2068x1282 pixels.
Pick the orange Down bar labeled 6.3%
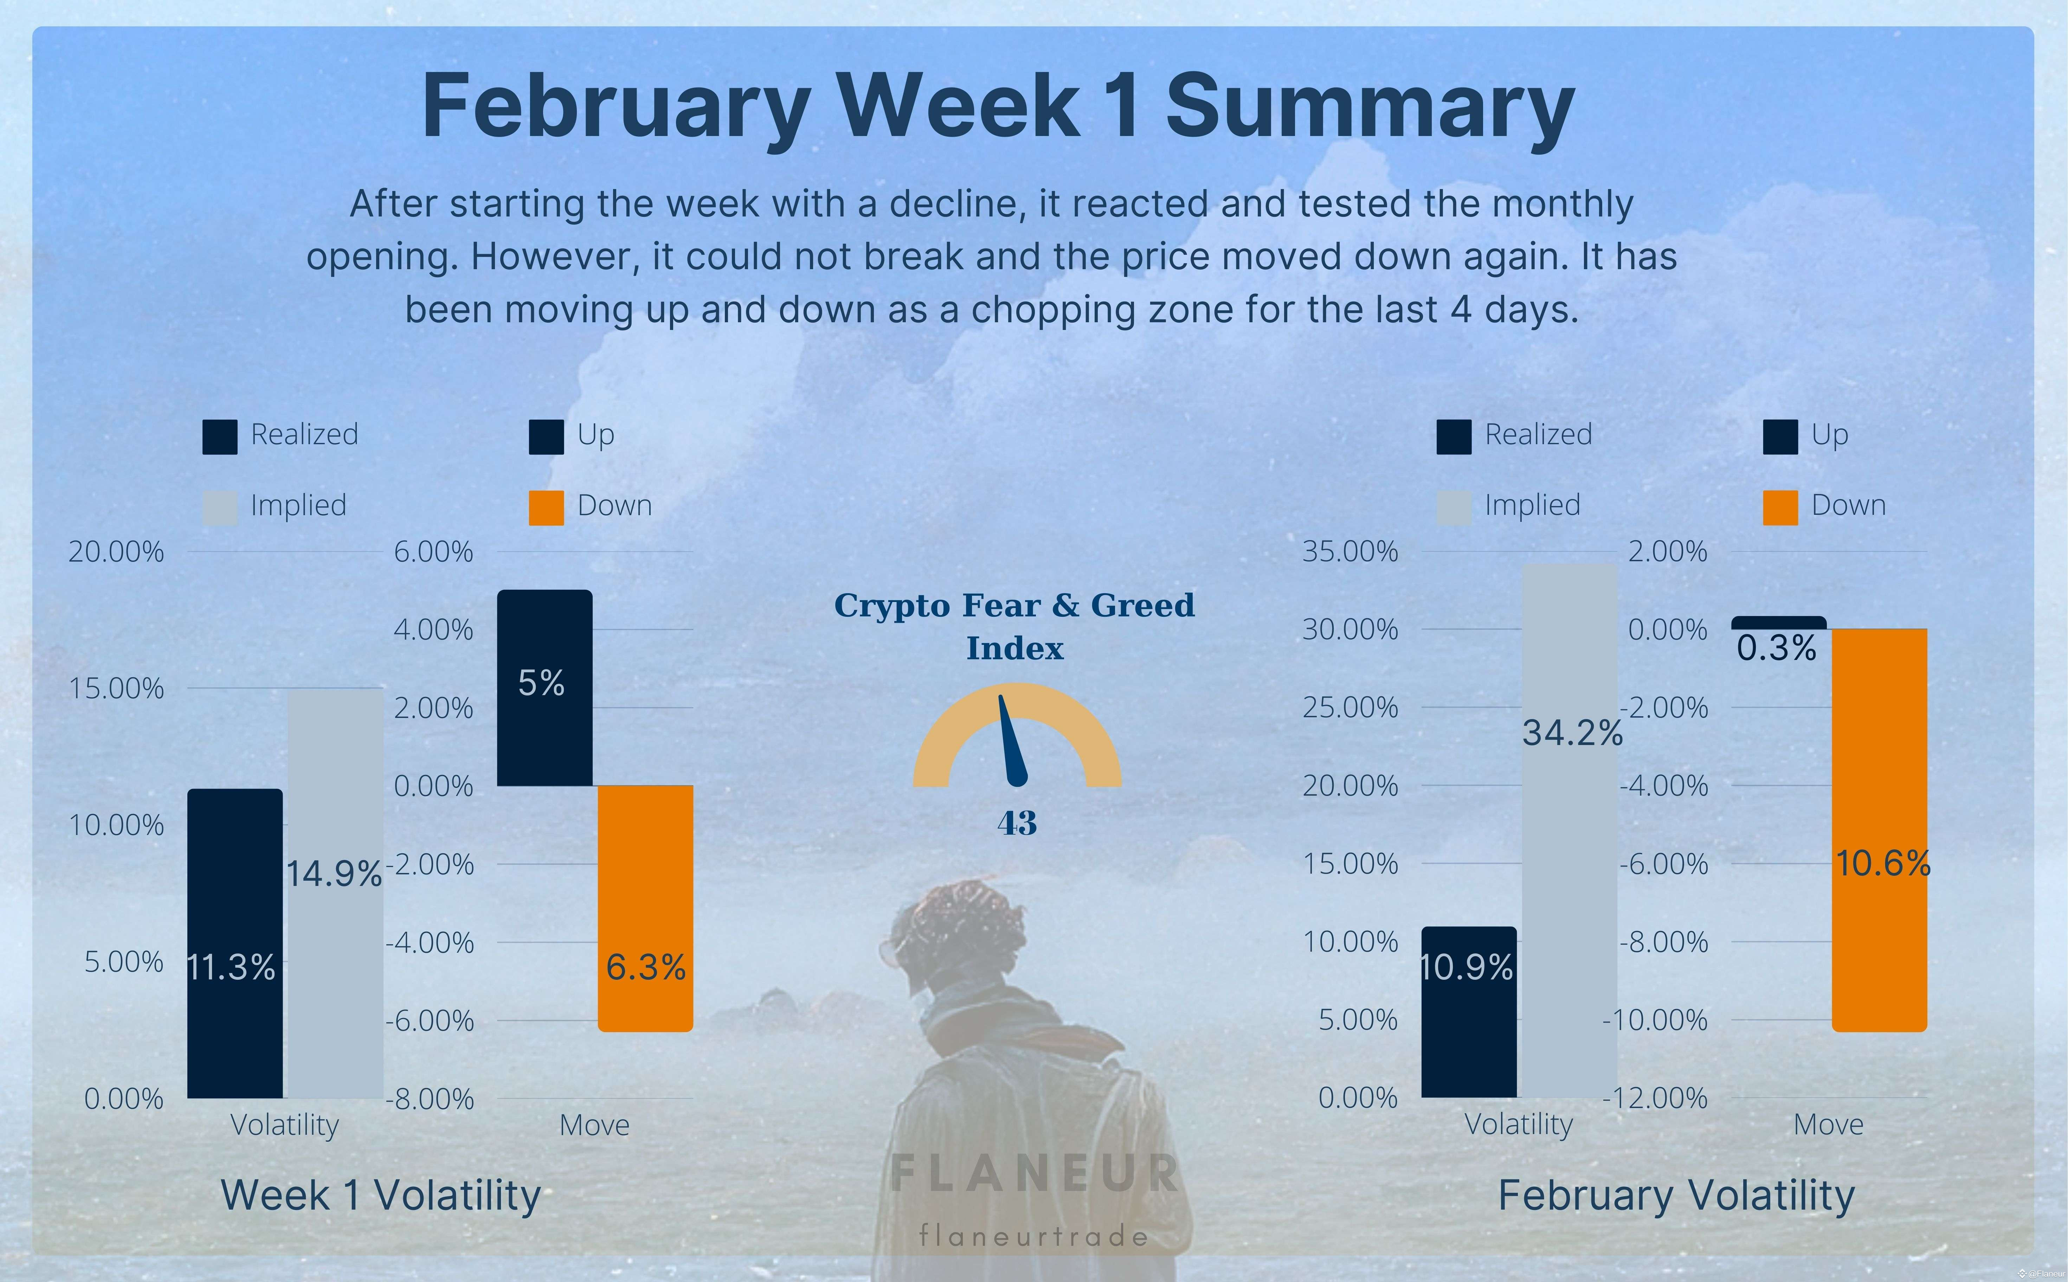coord(645,907)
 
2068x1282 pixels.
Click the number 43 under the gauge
coord(1017,822)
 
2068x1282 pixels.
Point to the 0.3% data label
coord(1776,649)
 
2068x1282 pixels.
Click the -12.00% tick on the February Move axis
coord(1655,1098)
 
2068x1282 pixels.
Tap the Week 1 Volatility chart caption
coord(381,1196)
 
